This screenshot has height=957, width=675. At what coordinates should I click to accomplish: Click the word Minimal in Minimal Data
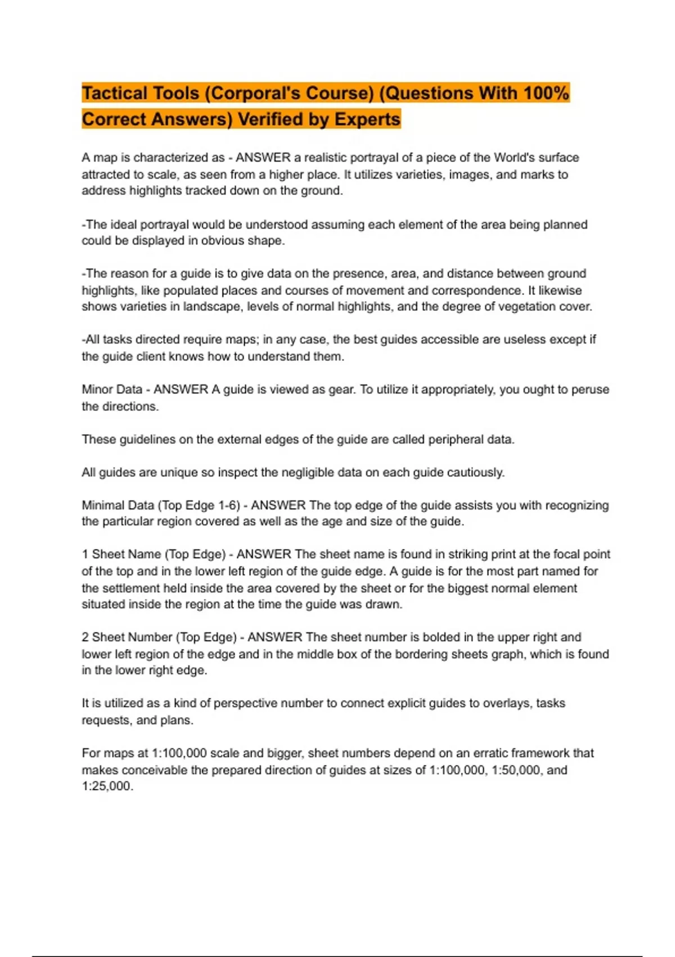point(102,505)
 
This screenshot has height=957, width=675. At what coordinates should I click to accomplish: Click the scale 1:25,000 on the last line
point(107,786)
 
